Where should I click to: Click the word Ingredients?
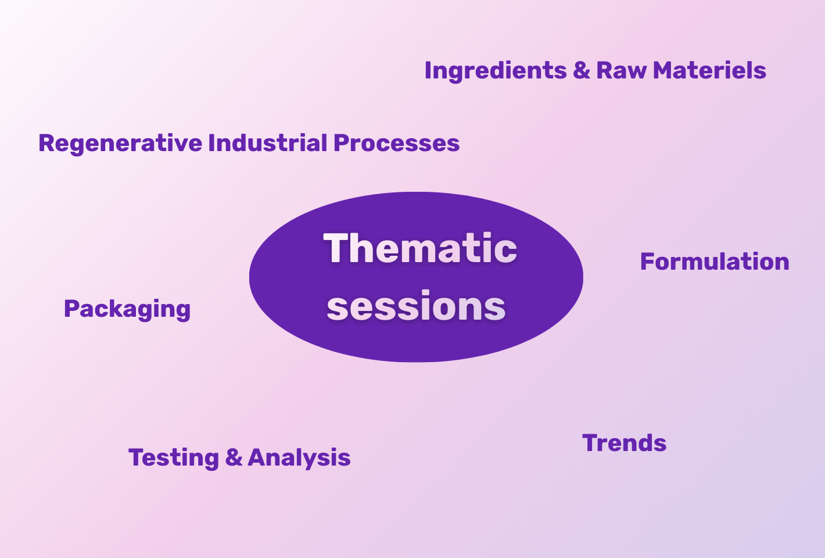[x=496, y=71]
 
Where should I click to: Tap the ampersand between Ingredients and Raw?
[x=582, y=70]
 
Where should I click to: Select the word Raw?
[x=621, y=70]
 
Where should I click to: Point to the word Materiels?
[x=709, y=70]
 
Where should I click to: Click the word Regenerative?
[x=120, y=144]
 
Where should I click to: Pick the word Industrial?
[x=268, y=142]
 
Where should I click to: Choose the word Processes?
[x=397, y=143]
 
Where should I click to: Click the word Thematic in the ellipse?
[x=420, y=248]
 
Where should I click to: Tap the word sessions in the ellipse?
[x=416, y=306]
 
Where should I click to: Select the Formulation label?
[x=715, y=262]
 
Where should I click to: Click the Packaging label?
[x=127, y=310]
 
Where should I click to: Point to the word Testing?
[x=174, y=459]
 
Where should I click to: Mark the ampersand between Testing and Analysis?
[x=234, y=457]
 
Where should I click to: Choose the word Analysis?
[x=299, y=459]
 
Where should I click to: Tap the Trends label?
[x=625, y=443]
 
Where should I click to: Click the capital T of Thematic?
[x=335, y=248]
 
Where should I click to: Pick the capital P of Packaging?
[x=71, y=309]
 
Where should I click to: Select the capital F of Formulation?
[x=647, y=262]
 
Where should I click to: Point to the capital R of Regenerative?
[x=47, y=142]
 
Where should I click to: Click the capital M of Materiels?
[x=663, y=70]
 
